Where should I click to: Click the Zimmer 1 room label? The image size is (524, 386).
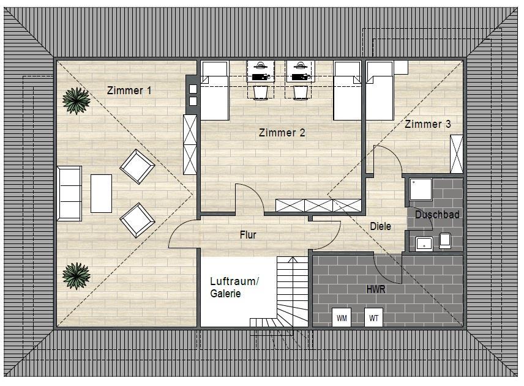129,90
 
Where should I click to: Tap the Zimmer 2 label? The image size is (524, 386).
282,133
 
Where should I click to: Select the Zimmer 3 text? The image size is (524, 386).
428,124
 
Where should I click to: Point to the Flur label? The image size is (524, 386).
248,235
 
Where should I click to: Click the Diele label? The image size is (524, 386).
380,226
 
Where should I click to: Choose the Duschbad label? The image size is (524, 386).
437,215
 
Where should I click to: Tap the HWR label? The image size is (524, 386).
376,289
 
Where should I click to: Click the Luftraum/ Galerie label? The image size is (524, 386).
234,287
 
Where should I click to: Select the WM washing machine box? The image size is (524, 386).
342,317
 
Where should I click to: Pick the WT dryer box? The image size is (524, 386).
373,317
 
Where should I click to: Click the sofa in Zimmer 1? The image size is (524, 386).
69,194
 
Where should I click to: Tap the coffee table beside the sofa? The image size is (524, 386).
101,193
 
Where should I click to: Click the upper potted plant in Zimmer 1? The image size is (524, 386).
76,100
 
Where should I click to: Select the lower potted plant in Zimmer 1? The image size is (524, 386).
76,276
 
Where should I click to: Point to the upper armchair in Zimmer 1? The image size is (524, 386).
137,166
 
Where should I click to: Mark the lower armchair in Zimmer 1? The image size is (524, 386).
137,220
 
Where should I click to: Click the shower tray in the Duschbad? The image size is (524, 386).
421,189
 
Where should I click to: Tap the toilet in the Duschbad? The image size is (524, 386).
445,240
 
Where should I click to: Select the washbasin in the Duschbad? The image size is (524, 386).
424,243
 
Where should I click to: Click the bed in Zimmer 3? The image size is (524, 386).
380,91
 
